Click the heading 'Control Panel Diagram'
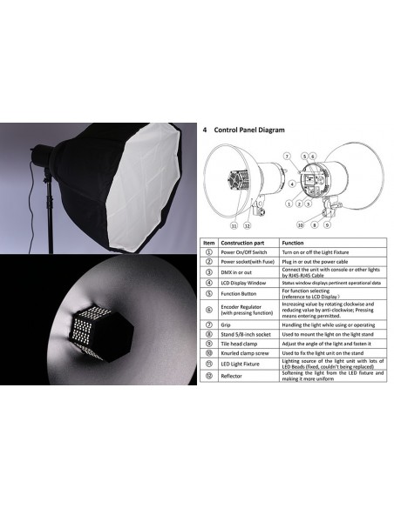click(x=249, y=130)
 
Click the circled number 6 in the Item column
click(x=209, y=309)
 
